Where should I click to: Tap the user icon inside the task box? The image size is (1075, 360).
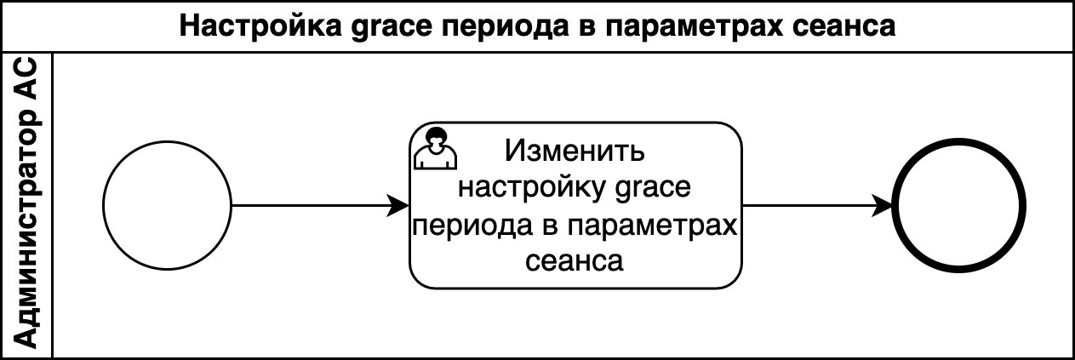click(435, 148)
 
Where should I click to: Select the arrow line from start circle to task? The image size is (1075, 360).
click(320, 206)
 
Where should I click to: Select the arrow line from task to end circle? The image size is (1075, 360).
click(817, 206)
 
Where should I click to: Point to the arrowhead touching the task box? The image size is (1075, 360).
click(399, 206)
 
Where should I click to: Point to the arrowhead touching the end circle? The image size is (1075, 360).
click(882, 206)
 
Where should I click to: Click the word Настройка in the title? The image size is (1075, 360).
click(260, 26)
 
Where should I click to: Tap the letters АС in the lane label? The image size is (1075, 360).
click(26, 79)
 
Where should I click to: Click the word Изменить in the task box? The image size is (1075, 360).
click(575, 151)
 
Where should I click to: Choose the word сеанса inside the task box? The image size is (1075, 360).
click(575, 261)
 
